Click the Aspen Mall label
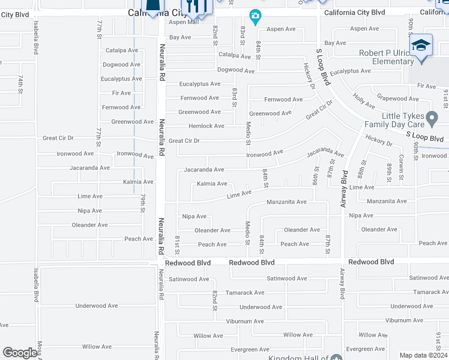pos(183,22)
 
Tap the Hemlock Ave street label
pos(206,126)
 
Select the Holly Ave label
pos(364,100)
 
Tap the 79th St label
pos(143,203)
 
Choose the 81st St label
pos(178,243)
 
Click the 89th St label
pos(389,172)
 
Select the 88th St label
pos(363,170)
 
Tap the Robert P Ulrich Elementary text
pos(386,57)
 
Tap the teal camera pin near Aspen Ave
pos(255,17)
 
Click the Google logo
pos(20,353)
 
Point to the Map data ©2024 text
pos(423,355)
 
